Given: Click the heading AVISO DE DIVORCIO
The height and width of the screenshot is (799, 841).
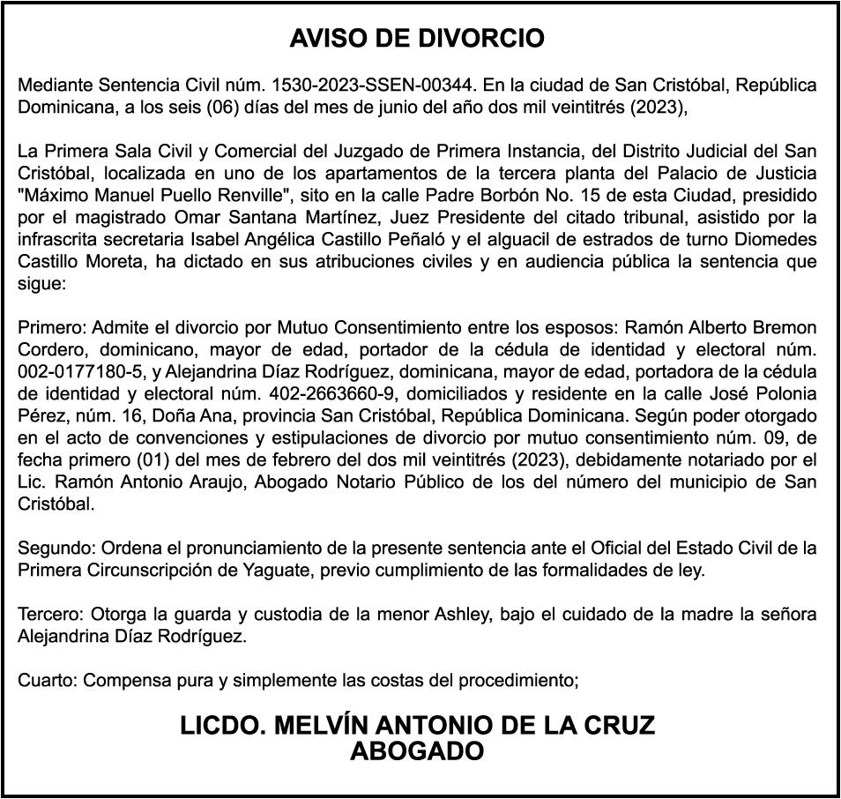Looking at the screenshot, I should click(x=417, y=39).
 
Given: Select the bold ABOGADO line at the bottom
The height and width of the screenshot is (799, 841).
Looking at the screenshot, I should click(x=417, y=751).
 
